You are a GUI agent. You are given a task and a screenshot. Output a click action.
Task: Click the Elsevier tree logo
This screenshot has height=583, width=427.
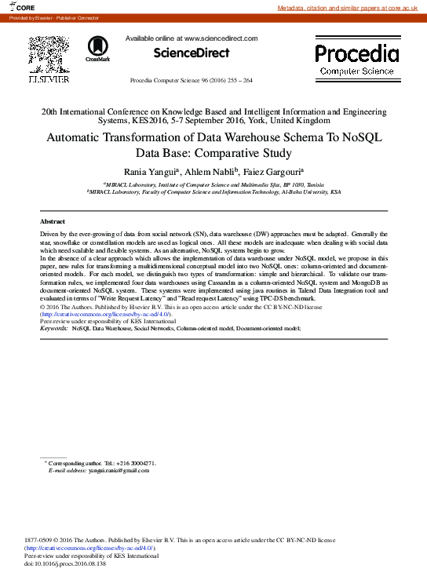49,56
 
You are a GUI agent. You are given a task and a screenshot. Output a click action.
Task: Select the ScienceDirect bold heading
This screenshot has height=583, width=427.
191,53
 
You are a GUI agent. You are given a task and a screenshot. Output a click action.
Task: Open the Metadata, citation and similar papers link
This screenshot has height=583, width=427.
350,7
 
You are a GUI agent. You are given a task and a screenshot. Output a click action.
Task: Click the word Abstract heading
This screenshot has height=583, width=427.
53,222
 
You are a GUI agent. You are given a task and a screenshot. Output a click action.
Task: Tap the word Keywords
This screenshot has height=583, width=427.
53,328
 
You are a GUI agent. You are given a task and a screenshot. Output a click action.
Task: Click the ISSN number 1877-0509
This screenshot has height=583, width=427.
39,540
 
